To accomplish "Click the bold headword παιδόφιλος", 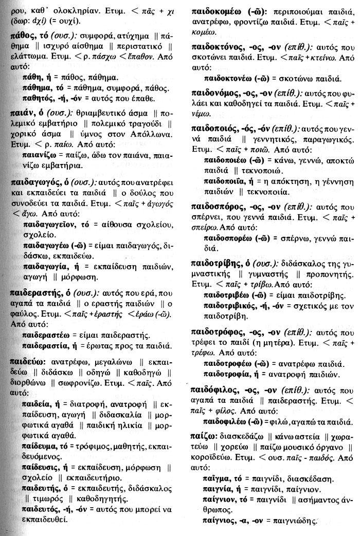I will point(221,389).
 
